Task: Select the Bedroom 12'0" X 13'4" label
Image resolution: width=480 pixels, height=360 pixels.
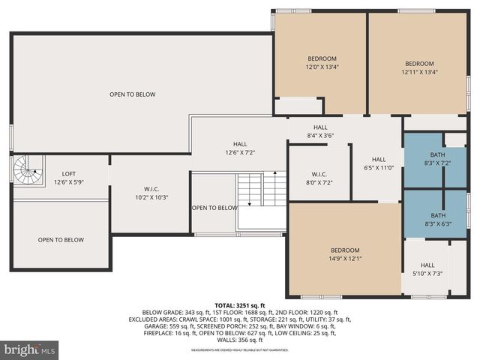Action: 322,63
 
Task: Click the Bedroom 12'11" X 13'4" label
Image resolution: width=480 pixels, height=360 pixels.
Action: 419,68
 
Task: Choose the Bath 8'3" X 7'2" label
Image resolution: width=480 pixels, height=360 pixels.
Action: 437,158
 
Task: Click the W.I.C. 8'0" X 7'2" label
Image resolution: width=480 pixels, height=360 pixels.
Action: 319,178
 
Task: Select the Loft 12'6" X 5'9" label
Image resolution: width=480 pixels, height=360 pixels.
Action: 68,178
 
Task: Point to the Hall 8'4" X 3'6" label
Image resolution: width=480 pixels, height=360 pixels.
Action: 320,132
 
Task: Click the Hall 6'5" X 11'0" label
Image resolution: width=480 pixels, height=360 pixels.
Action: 379,163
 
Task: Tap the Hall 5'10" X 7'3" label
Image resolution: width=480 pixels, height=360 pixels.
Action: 427,269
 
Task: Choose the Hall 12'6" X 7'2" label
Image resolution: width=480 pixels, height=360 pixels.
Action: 240,148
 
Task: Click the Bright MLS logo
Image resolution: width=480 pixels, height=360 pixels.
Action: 30,349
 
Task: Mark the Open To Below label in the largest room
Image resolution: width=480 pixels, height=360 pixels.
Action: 132,94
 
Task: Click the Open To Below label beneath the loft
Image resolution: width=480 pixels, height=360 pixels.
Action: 61,240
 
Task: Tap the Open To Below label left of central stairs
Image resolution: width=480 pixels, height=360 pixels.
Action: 214,208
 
